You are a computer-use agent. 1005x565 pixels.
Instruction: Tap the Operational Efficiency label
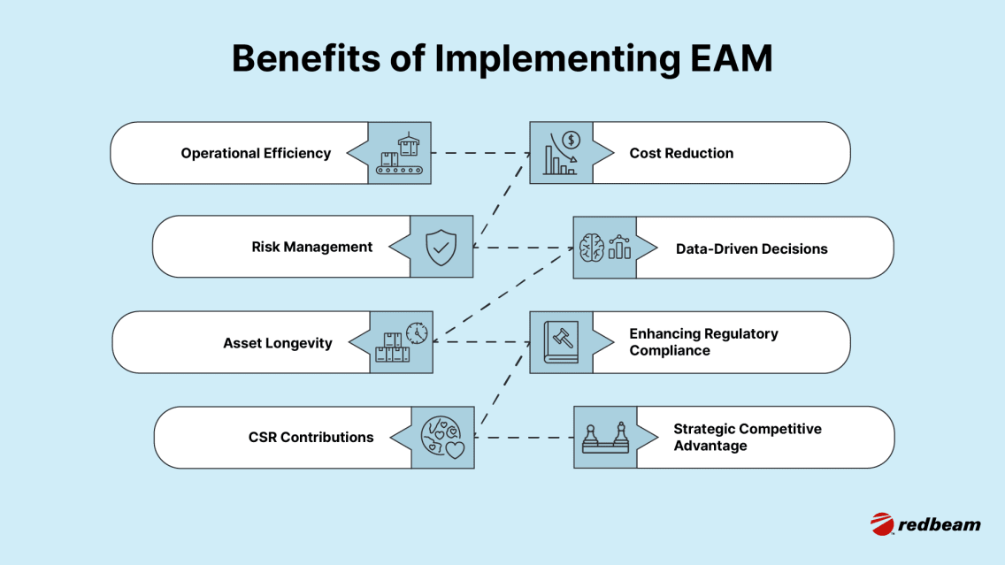(256, 153)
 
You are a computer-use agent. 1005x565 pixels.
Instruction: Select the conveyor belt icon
(400, 153)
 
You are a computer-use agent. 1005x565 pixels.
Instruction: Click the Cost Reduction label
(681, 153)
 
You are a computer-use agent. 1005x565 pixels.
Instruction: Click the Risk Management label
(312, 247)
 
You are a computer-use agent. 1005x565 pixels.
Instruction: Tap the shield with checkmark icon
(441, 248)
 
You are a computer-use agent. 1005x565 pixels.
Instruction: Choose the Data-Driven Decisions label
(751, 248)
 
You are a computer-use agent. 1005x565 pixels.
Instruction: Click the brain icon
(592, 248)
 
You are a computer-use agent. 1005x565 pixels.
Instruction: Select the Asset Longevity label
(278, 343)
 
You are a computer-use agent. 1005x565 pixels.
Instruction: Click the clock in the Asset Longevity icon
(417, 332)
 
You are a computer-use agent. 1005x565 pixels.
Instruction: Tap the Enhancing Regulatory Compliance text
(703, 342)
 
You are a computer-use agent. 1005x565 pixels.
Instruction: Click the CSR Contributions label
(311, 437)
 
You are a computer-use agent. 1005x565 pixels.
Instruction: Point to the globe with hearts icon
(442, 437)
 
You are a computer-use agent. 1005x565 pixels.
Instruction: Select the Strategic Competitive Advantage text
(747, 437)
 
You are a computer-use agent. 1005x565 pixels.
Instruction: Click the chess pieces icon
(605, 438)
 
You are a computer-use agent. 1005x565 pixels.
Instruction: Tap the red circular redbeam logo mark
(882, 523)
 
